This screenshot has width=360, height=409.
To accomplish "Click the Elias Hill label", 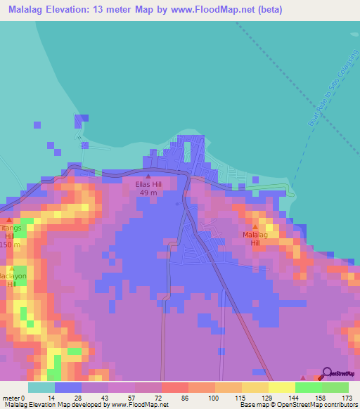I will (x=148, y=184).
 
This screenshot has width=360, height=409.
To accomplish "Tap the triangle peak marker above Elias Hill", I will (x=148, y=176).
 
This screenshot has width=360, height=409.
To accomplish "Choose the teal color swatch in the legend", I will (x=41, y=387).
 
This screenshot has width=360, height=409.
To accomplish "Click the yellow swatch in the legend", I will (x=255, y=387).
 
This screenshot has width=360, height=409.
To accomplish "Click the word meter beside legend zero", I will (x=13, y=398).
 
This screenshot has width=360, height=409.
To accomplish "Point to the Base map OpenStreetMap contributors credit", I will (x=297, y=405).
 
